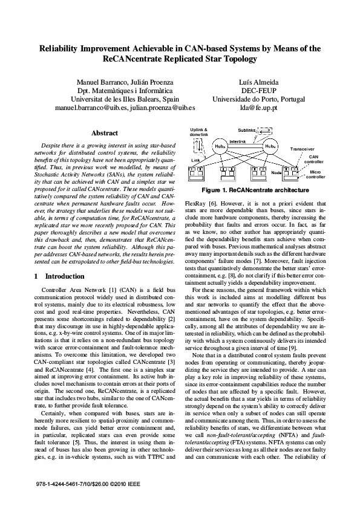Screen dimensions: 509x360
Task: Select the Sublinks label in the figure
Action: tap(246, 130)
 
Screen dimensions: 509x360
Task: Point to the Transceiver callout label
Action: tap(302, 148)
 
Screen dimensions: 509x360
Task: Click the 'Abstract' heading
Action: tap(104, 133)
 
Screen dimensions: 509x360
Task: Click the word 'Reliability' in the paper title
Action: tap(65, 48)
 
